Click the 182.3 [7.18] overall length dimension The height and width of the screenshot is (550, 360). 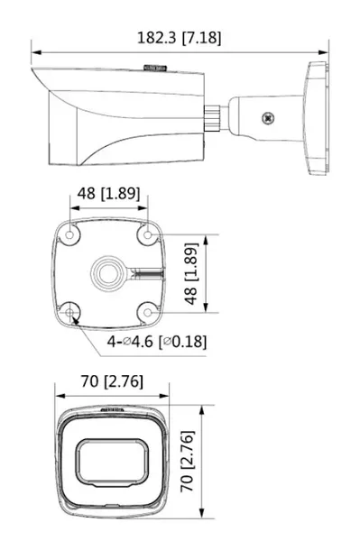(179, 38)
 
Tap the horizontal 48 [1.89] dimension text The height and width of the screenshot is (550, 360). (109, 193)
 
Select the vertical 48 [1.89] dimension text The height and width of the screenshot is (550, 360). (191, 273)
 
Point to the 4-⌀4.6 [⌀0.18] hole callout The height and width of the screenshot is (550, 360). (157, 342)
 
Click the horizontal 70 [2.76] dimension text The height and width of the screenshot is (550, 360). (112, 381)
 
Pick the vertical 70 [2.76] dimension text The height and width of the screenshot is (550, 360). (188, 462)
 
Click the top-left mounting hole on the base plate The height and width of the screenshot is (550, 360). (69, 234)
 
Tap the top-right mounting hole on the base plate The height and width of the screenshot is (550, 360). (148, 234)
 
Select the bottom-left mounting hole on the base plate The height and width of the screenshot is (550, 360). (69, 312)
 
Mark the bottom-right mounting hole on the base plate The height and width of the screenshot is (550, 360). (148, 312)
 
